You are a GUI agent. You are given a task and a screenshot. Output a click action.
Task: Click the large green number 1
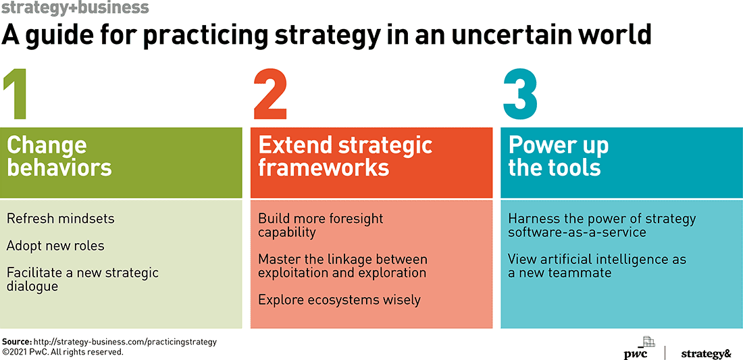(15, 95)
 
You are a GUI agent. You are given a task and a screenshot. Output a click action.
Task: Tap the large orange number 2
(271, 95)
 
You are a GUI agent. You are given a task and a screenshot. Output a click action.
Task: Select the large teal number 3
(520, 95)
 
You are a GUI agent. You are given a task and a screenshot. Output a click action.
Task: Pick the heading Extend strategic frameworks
(345, 156)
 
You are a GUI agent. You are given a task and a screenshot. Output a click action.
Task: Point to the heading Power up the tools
(558, 156)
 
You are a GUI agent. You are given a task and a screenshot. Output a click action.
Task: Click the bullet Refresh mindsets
(61, 219)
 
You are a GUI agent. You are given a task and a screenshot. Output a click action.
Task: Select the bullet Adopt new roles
(55, 246)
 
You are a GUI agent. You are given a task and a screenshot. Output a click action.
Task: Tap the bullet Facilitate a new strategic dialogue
(82, 280)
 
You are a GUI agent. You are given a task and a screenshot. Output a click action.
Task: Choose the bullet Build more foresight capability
(320, 226)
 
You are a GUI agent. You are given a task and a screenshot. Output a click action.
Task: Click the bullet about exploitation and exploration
(342, 266)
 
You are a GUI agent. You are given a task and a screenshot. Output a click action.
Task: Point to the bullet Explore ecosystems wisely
(339, 300)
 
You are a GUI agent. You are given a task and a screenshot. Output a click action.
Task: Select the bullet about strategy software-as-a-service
(602, 226)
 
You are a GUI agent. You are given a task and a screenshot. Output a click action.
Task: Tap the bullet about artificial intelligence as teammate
(597, 266)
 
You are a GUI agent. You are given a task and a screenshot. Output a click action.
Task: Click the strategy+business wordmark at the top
(76, 8)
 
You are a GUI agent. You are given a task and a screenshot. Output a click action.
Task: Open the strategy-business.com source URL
(125, 342)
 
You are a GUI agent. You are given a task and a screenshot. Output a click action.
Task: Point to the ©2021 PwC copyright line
(63, 352)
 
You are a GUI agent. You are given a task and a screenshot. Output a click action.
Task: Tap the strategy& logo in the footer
(706, 353)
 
